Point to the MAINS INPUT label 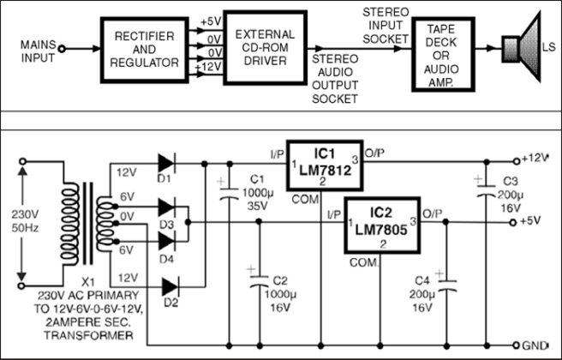[x=38, y=49]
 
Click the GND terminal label [x=536, y=346]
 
